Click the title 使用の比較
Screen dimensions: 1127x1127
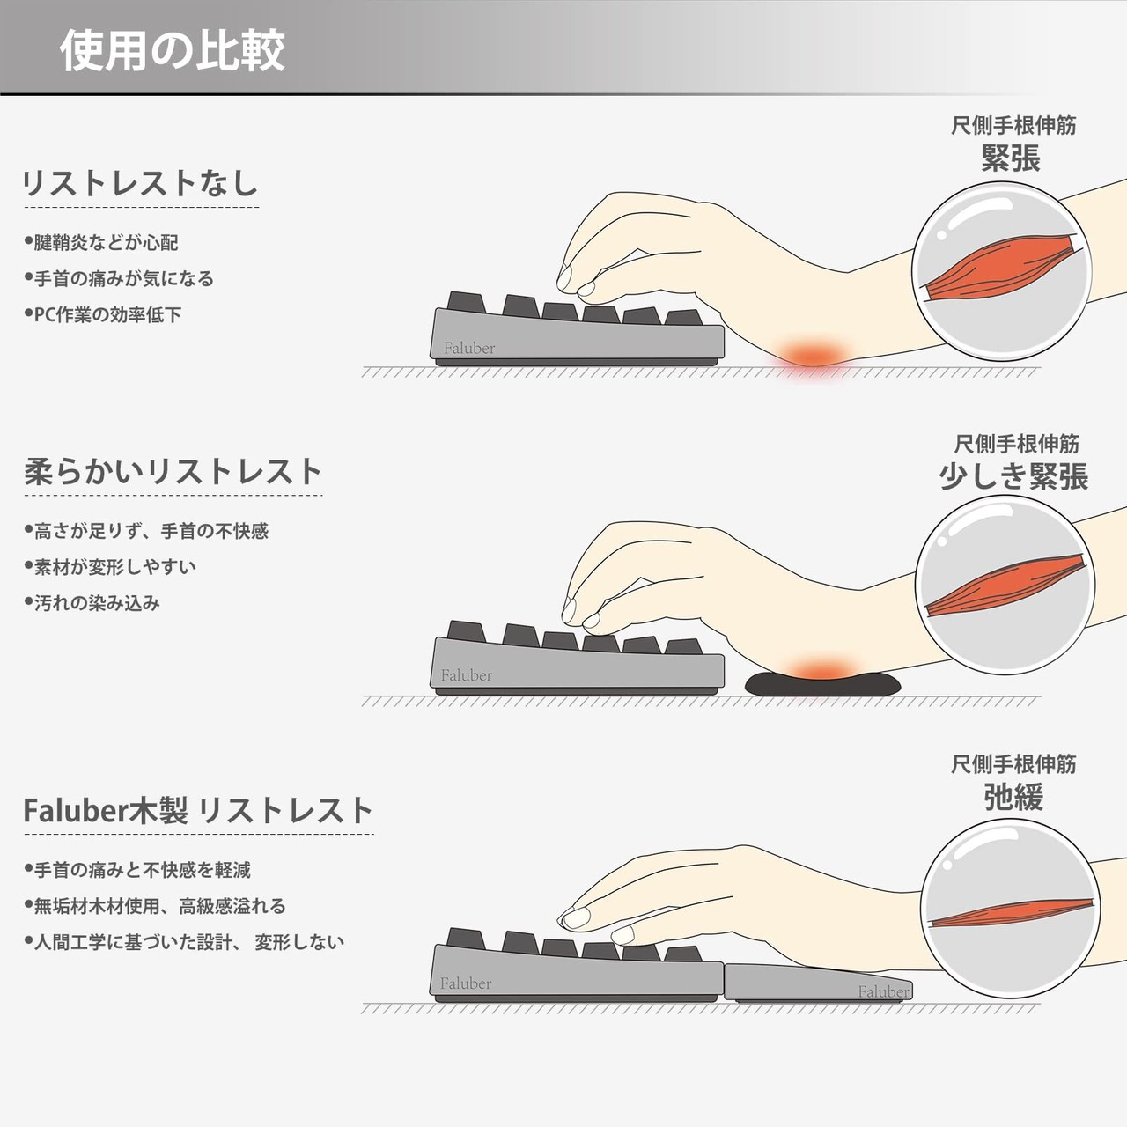pyautogui.click(x=173, y=51)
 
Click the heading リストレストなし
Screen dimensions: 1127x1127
pyautogui.click(x=140, y=183)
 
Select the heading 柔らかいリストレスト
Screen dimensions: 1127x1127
pyautogui.click(x=173, y=472)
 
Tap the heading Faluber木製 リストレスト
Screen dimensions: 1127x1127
pyautogui.click(x=198, y=811)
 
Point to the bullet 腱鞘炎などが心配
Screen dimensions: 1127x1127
pyautogui.click(x=101, y=242)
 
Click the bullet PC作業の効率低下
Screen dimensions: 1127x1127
pyautogui.click(x=103, y=314)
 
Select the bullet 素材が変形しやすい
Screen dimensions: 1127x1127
pyautogui.click(x=110, y=567)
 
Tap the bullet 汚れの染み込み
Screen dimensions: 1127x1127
pyautogui.click(x=92, y=603)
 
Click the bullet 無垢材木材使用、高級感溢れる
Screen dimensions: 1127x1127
pyautogui.click(x=155, y=906)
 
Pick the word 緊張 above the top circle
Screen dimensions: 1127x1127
pyautogui.click(x=1011, y=158)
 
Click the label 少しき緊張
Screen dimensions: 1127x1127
pyautogui.click(x=1013, y=476)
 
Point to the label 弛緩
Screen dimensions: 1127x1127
pyautogui.click(x=1013, y=797)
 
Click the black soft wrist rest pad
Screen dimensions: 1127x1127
pyautogui.click(x=822, y=684)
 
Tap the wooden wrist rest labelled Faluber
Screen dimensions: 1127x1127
pyautogui.click(x=818, y=983)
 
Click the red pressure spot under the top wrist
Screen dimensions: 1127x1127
pyautogui.click(x=811, y=355)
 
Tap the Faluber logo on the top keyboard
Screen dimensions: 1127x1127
pyautogui.click(x=469, y=349)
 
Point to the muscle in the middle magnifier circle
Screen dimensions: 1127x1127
pyautogui.click(x=1005, y=586)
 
